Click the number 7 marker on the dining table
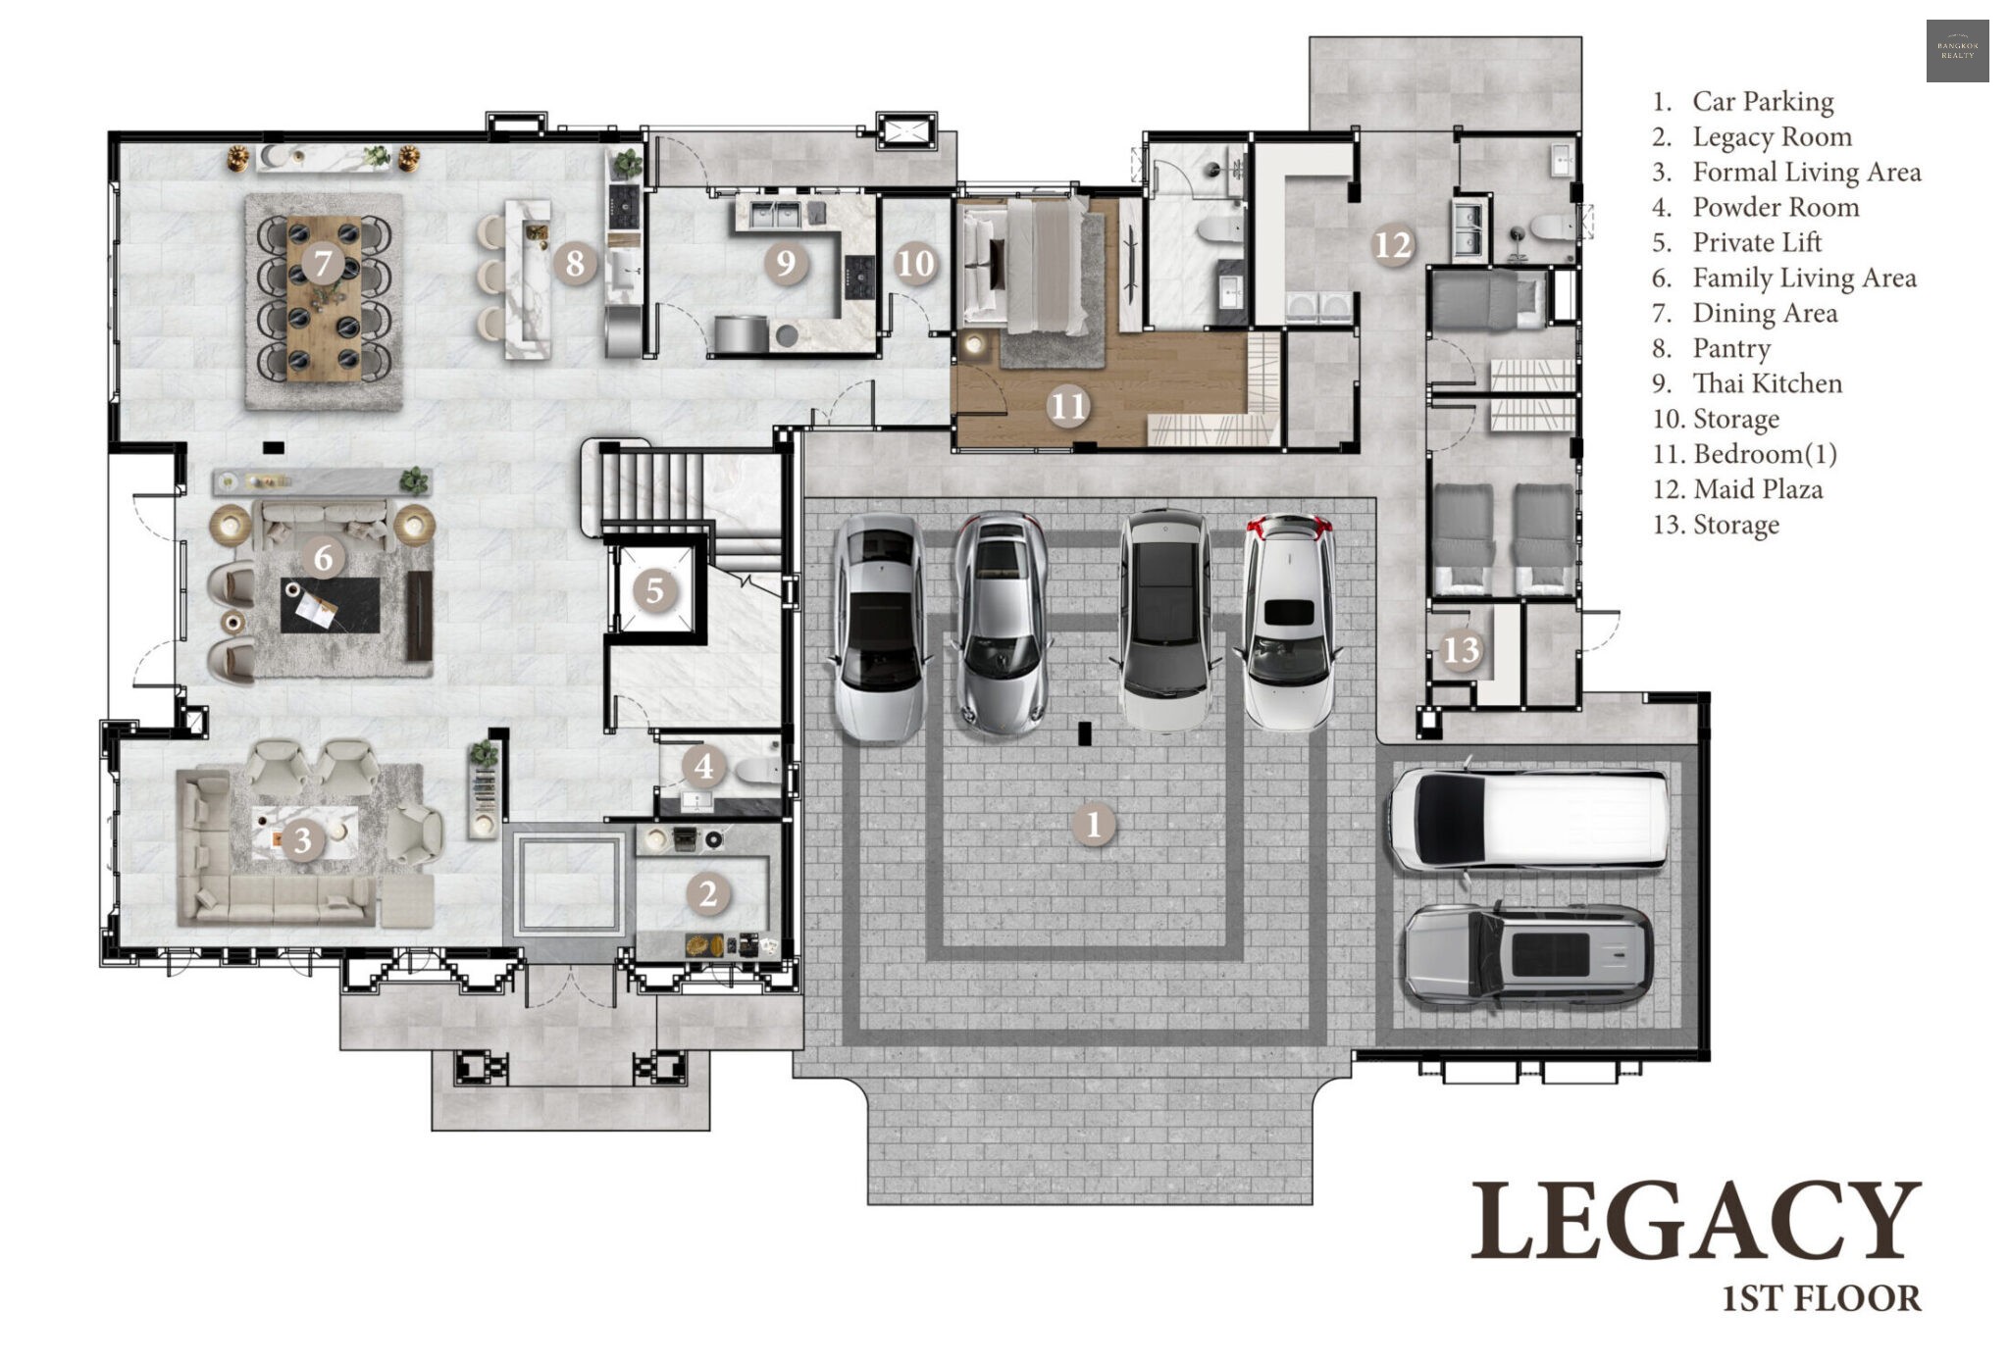323,263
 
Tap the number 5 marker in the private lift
655,590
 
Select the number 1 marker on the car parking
1095,824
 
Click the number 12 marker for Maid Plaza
1393,245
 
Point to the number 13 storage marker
1462,649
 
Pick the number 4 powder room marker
703,766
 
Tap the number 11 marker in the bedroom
1068,405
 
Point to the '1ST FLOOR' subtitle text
1822,1298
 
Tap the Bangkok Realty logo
1957,50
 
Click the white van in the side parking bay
1528,820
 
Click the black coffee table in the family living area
331,605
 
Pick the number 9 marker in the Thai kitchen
785,262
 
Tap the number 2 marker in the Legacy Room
708,893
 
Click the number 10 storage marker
915,263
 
